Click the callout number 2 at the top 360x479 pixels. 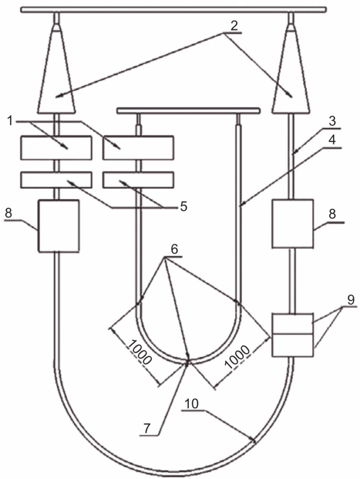coord(235,26)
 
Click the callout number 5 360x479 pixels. coord(184,206)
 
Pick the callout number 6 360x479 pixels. coord(173,250)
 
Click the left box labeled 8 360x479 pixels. coord(58,226)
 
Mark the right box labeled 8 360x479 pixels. coord(293,224)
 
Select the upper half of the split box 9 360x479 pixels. coord(293,323)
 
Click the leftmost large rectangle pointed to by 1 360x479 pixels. coord(56,147)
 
